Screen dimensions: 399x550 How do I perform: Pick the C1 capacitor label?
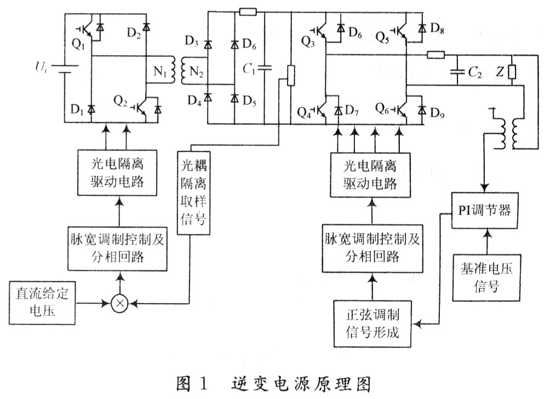[249, 69]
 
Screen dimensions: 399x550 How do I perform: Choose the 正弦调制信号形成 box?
[373, 323]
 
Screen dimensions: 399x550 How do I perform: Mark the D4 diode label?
[193, 101]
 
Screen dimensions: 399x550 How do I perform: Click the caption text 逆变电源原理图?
[299, 384]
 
